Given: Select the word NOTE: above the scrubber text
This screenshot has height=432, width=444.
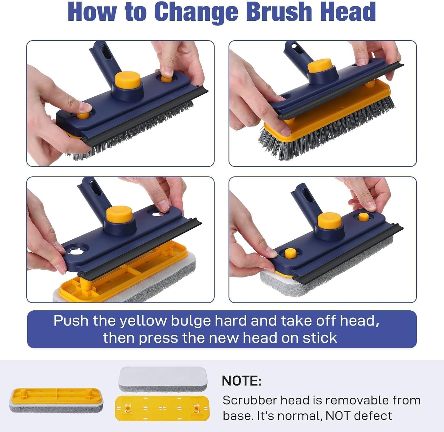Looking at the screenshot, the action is coord(242,381).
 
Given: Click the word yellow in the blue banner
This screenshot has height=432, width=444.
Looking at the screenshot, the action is coord(143,321).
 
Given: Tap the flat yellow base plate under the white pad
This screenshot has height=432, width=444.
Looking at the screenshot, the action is coord(162,408).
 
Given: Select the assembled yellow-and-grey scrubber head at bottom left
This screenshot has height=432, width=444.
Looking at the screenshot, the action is coord(57,400).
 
